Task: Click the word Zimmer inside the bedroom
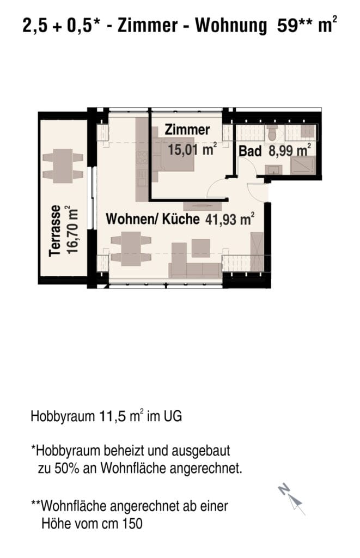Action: (x=187, y=130)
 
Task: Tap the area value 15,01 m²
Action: (x=192, y=149)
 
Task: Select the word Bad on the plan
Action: (x=250, y=151)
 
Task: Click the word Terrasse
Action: (x=55, y=231)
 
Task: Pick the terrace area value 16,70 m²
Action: (x=72, y=229)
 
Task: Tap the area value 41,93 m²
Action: (x=230, y=219)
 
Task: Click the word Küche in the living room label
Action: (x=181, y=219)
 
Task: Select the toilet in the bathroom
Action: (x=273, y=133)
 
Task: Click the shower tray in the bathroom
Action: (x=302, y=165)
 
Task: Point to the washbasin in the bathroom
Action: (x=273, y=170)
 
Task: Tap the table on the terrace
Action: (x=63, y=166)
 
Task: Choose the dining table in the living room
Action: (x=131, y=248)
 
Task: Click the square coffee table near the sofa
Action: (x=200, y=248)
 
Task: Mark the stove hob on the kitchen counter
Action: (x=142, y=157)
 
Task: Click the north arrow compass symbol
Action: (x=292, y=499)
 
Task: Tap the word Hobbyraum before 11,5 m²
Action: (x=63, y=416)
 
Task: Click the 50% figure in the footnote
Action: (x=66, y=468)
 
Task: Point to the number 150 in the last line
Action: (x=132, y=524)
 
